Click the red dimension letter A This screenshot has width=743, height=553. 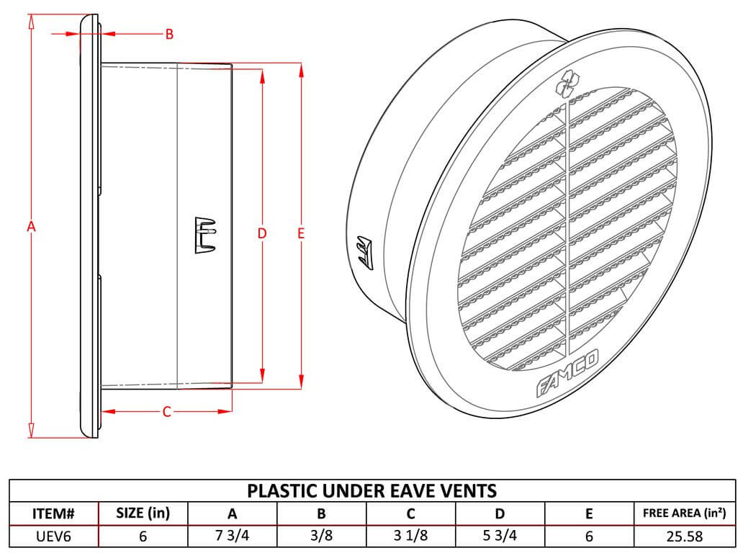coord(31,227)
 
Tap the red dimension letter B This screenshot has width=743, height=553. coord(169,34)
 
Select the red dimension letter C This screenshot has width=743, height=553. coord(166,412)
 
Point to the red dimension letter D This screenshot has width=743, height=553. coord(262,233)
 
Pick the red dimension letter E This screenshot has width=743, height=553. coord(301,233)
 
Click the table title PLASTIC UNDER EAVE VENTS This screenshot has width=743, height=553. coord(371,491)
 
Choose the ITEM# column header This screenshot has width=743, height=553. coord(54,513)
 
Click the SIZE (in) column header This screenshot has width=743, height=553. coord(143,513)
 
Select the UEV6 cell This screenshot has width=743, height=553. coord(54,535)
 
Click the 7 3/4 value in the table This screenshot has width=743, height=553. coord(232,535)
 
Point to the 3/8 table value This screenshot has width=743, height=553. coord(321,535)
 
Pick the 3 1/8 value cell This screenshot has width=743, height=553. coord(410,535)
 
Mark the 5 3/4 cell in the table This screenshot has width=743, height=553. coord(500,535)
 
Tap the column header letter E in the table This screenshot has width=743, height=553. coord(589,513)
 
